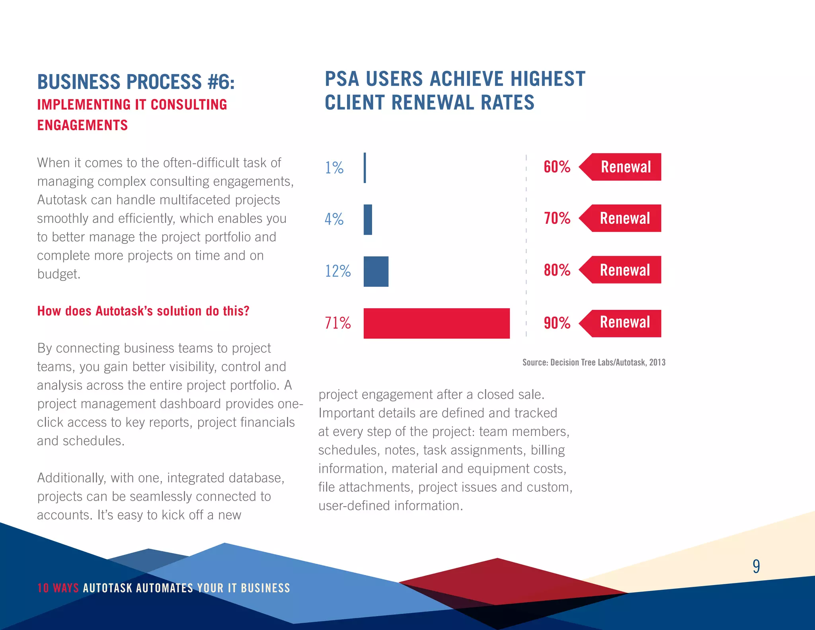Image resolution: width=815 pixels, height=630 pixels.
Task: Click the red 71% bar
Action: pyautogui.click(x=437, y=323)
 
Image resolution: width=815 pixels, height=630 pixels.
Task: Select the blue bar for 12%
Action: pyautogui.click(x=376, y=271)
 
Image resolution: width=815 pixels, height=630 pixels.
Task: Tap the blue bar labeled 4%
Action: pyautogui.click(x=368, y=220)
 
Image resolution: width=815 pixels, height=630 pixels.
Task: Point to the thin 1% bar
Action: pyautogui.click(x=365, y=168)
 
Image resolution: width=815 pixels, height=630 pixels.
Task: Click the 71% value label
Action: pyautogui.click(x=337, y=323)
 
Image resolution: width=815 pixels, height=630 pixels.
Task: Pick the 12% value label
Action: pyautogui.click(x=337, y=271)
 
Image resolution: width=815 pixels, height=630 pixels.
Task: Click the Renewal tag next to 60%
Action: pyautogui.click(x=625, y=167)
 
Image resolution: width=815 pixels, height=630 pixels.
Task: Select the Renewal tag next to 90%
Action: pyautogui.click(x=624, y=323)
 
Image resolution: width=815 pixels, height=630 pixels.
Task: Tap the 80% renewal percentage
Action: pyautogui.click(x=557, y=270)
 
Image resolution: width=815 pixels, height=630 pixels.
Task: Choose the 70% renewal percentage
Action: pyautogui.click(x=557, y=218)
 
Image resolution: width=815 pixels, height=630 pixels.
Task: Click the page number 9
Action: pyautogui.click(x=756, y=566)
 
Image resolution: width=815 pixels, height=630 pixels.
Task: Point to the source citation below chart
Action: pyautogui.click(x=593, y=362)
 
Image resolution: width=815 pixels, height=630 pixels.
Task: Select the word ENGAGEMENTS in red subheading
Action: pyautogui.click(x=82, y=125)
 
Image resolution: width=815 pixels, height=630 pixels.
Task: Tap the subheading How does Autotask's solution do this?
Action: pyautogui.click(x=143, y=311)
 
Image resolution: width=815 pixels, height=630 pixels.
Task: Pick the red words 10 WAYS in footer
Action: pyautogui.click(x=58, y=588)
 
